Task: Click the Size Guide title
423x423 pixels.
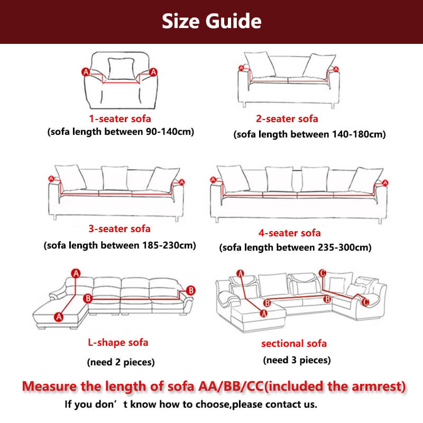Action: [x=212, y=21]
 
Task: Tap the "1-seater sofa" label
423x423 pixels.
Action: [x=120, y=118]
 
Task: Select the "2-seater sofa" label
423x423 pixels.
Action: [x=287, y=118]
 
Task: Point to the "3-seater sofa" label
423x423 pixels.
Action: [x=119, y=229]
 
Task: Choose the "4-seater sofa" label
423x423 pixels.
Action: [x=289, y=233]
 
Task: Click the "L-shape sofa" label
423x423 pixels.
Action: [x=118, y=342]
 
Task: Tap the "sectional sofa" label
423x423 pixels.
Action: [x=294, y=343]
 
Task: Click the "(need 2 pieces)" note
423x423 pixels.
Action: [x=121, y=362]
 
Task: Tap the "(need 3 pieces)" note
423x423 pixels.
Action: [x=297, y=360]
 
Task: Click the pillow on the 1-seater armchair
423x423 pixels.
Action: [x=121, y=69]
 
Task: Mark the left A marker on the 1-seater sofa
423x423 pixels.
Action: [x=86, y=72]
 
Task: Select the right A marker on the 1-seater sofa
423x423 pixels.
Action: [x=153, y=72]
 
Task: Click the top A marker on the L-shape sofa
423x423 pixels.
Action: [x=76, y=273]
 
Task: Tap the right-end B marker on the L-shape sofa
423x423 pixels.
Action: [x=191, y=290]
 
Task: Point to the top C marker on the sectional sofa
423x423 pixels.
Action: [x=323, y=273]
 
